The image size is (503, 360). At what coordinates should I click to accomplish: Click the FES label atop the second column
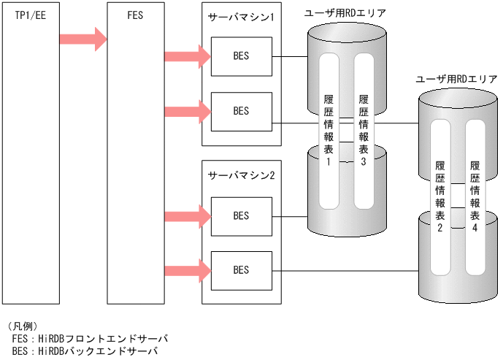click(135, 14)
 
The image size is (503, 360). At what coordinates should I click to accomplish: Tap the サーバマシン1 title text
click(241, 17)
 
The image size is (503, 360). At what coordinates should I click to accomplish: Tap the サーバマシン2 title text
click(241, 176)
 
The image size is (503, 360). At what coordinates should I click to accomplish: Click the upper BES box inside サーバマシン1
click(241, 56)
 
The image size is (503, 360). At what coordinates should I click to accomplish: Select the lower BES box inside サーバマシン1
click(241, 111)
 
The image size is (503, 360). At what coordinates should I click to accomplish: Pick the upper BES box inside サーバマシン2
click(241, 215)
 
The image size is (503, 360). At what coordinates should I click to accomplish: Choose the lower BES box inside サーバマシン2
click(241, 270)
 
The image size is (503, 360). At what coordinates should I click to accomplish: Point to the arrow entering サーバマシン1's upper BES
click(188, 56)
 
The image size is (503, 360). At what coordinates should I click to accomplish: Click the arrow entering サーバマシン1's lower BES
click(188, 111)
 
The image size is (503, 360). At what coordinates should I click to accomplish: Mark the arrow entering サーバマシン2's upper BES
click(188, 216)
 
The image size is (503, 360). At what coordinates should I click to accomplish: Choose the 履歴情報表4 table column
click(475, 194)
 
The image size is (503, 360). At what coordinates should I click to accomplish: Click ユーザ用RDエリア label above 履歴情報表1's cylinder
click(345, 12)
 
